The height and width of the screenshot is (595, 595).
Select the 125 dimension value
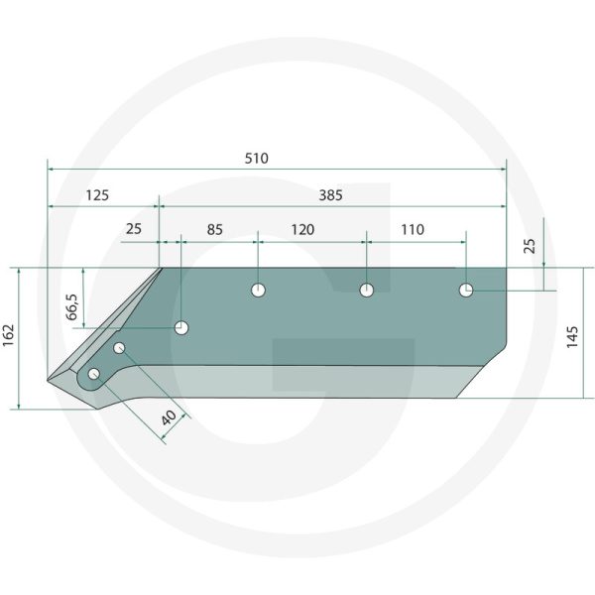point(96,195)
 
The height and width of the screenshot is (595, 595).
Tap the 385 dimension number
point(330,195)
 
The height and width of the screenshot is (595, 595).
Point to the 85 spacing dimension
point(213,229)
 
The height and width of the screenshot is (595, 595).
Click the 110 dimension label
point(412,229)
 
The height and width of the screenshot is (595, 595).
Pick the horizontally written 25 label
point(134,229)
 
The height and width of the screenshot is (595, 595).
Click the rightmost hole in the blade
point(466,290)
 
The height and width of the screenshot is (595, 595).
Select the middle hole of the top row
point(366,290)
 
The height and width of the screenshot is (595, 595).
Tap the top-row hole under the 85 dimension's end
point(258,290)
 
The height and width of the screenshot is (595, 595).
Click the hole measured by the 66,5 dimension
point(182,327)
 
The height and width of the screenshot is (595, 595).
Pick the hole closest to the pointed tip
point(95,374)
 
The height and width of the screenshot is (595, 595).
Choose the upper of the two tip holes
point(119,347)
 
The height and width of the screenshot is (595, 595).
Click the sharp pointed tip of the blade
point(49,378)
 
